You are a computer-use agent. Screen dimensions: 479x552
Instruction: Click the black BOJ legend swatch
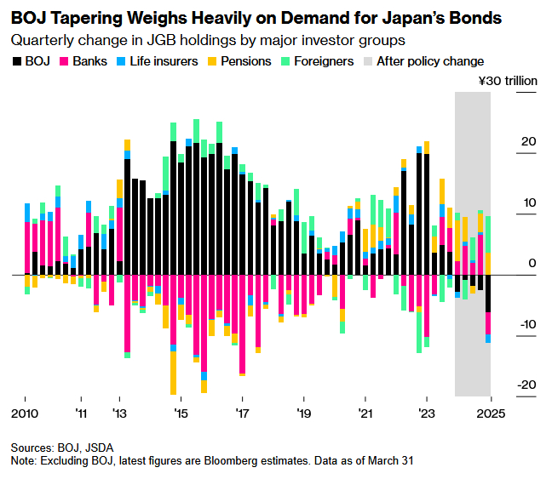click(x=17, y=61)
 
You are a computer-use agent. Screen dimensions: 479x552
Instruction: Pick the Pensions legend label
click(x=246, y=61)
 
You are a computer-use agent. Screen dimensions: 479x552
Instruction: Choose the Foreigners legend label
click(x=324, y=61)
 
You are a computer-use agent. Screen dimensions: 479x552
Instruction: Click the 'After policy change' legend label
click(x=431, y=61)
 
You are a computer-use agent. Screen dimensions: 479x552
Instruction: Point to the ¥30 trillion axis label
click(x=509, y=81)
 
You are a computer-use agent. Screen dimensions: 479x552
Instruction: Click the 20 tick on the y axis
click(x=528, y=141)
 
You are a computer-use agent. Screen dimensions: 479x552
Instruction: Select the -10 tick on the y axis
click(x=526, y=324)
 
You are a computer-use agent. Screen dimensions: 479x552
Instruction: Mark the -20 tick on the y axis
click(x=526, y=385)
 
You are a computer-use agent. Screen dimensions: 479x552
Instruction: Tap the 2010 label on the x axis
click(x=25, y=413)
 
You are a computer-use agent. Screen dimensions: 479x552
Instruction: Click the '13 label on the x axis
click(x=120, y=413)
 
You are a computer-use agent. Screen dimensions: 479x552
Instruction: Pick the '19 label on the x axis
click(x=304, y=413)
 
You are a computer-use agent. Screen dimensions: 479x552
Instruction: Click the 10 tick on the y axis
click(x=528, y=202)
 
